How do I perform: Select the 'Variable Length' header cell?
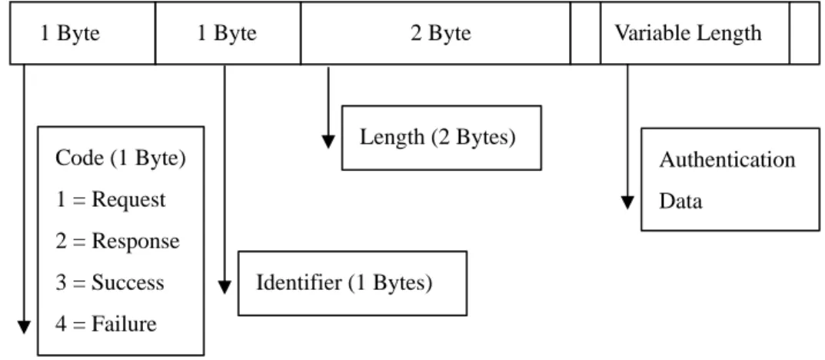(x=695, y=33)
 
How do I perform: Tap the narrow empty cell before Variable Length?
(x=586, y=33)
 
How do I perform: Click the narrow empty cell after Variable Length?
(x=804, y=33)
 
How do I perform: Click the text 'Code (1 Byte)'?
(x=121, y=158)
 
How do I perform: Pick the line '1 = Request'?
(x=111, y=200)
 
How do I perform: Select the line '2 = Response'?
(x=118, y=242)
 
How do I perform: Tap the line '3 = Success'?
(x=110, y=283)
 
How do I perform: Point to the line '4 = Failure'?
(x=106, y=323)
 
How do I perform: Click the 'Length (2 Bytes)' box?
(x=441, y=138)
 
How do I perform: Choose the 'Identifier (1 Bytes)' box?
(x=352, y=283)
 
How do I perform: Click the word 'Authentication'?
(x=727, y=159)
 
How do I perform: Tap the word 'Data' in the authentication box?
(x=680, y=201)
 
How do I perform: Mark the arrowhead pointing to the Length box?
(x=328, y=142)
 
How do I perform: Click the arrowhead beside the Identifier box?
(x=225, y=287)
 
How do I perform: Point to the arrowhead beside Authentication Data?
(x=627, y=202)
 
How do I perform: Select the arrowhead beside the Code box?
(x=24, y=327)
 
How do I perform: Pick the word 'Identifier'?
(x=298, y=283)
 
